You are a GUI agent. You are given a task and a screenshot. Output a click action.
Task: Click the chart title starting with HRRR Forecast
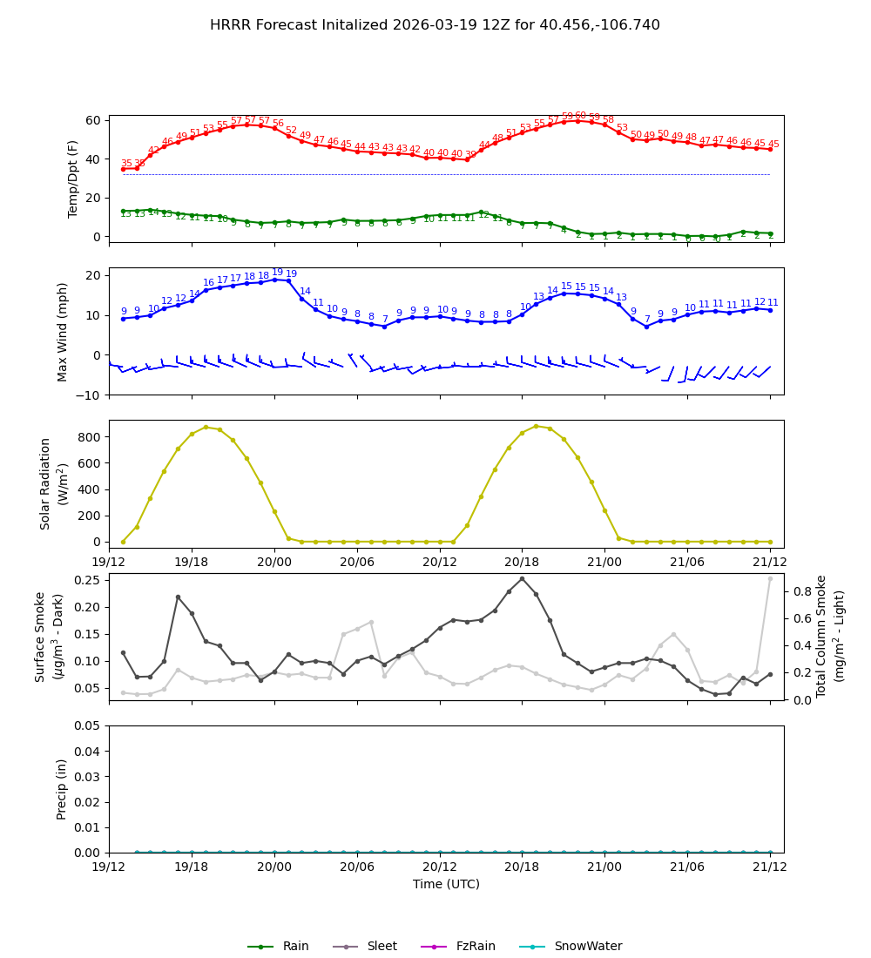[x=435, y=25]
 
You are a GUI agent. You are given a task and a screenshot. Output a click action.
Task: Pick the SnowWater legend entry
[x=588, y=947]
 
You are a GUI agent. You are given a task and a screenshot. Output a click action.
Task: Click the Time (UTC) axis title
[x=446, y=884]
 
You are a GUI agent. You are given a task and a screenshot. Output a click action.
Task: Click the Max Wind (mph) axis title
[x=63, y=331]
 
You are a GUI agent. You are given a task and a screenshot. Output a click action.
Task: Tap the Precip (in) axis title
[x=62, y=789]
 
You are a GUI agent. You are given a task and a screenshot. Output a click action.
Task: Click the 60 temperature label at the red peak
[x=580, y=116]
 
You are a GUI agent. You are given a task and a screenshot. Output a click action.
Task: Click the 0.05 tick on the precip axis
[x=86, y=725]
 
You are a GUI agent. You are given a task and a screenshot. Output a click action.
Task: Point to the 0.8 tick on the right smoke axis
[x=803, y=591]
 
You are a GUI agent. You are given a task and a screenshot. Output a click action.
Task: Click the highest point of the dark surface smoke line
[x=522, y=578]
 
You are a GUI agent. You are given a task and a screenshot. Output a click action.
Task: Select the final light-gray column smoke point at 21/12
[x=770, y=578]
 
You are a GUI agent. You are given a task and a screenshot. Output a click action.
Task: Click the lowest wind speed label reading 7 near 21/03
[x=646, y=320]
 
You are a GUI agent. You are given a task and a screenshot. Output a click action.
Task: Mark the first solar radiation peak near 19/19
[x=206, y=427]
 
